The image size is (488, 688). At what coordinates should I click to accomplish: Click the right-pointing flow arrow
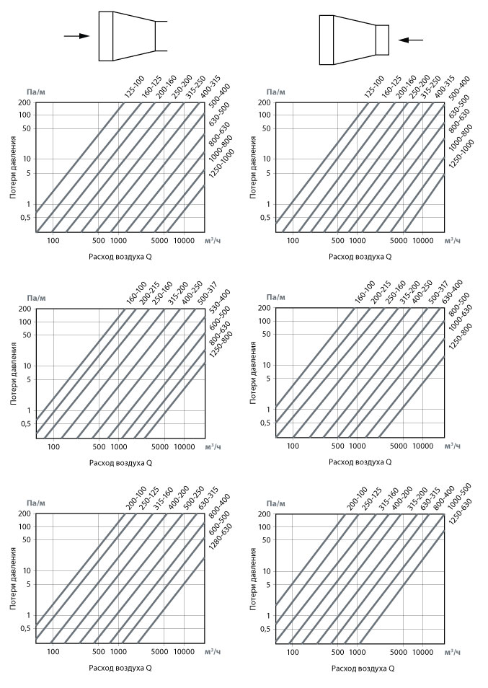[x=76, y=36]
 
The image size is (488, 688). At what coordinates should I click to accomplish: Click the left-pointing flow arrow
[x=411, y=40]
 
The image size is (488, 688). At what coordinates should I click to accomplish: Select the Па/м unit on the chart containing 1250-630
[x=276, y=503]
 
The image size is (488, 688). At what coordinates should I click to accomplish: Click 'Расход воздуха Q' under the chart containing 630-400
[x=360, y=462]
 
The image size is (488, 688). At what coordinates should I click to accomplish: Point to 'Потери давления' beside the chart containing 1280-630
[x=13, y=578]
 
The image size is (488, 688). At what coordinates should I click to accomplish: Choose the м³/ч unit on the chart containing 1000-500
[x=453, y=652]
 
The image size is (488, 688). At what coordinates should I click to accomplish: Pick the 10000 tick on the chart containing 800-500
[x=422, y=446]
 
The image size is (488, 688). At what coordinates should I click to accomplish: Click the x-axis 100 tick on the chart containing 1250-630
[x=293, y=652]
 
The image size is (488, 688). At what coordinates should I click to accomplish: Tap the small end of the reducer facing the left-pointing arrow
[x=382, y=40]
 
